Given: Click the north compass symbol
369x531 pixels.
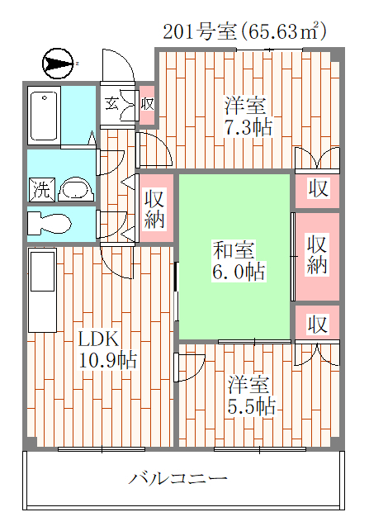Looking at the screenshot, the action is [x=58, y=64].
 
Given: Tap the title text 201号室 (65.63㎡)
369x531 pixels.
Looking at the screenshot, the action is [x=244, y=32].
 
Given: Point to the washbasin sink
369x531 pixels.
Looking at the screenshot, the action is [x=77, y=189].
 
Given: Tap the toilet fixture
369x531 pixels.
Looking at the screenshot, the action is [x=50, y=224].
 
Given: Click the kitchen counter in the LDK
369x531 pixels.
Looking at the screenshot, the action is [x=43, y=290].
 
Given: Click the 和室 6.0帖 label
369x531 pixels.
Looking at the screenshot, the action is [x=239, y=260].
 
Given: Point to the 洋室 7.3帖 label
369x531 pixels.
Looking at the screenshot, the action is [x=248, y=116].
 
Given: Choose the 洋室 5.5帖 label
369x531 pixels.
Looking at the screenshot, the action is [x=251, y=395].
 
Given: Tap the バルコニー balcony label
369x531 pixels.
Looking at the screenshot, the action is [x=178, y=478].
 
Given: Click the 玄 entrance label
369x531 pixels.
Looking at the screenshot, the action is [x=111, y=103].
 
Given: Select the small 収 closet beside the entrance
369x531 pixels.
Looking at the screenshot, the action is [x=147, y=104].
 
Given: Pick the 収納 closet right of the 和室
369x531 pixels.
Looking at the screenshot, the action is [x=317, y=256].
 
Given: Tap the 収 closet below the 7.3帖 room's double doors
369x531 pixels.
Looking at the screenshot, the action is [x=317, y=189].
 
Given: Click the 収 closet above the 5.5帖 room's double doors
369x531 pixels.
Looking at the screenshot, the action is [x=317, y=323].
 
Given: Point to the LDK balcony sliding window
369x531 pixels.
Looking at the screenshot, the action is [x=102, y=449].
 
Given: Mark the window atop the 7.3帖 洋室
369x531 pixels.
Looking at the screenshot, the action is [x=269, y=50].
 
